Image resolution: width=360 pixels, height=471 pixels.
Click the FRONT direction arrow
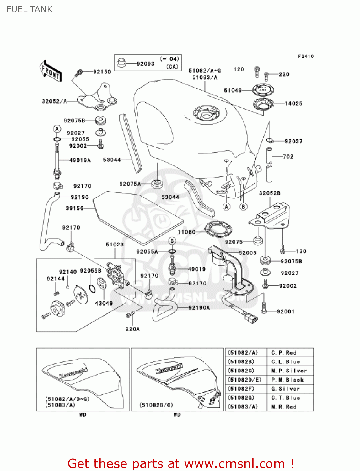pyautogui.click(x=51, y=71)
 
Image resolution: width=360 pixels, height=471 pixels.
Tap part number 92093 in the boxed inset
pyautogui.click(x=145, y=64)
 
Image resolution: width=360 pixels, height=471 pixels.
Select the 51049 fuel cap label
pyautogui.click(x=233, y=90)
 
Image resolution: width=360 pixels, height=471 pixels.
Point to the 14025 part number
pyautogui.click(x=293, y=103)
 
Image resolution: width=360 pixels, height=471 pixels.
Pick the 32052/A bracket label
pyautogui.click(x=54, y=101)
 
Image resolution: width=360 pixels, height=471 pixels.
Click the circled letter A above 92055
pyautogui.click(x=57, y=129)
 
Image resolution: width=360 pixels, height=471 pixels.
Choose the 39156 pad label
pyautogui.click(x=74, y=208)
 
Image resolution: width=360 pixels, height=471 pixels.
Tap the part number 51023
pyautogui.click(x=115, y=245)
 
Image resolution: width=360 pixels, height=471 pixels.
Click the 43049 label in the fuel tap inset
pyautogui.click(x=104, y=303)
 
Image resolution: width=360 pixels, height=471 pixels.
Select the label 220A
pyautogui.click(x=132, y=329)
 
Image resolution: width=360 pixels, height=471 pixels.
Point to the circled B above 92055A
pyautogui.click(x=172, y=241)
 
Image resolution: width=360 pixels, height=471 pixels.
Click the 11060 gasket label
pyautogui.click(x=186, y=232)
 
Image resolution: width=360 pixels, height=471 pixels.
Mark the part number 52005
pyautogui.click(x=247, y=253)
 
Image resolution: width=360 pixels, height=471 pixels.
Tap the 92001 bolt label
pyautogui.click(x=285, y=311)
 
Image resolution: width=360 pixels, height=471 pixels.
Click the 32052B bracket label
pyautogui.click(x=270, y=193)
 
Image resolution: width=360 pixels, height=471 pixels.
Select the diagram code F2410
pyautogui.click(x=306, y=56)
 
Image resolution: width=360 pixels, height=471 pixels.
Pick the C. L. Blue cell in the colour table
pyautogui.click(x=286, y=362)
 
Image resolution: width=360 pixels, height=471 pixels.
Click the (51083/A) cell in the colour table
pyautogui.click(x=242, y=407)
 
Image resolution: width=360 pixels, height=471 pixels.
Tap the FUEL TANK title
pyautogui.click(x=30, y=9)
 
